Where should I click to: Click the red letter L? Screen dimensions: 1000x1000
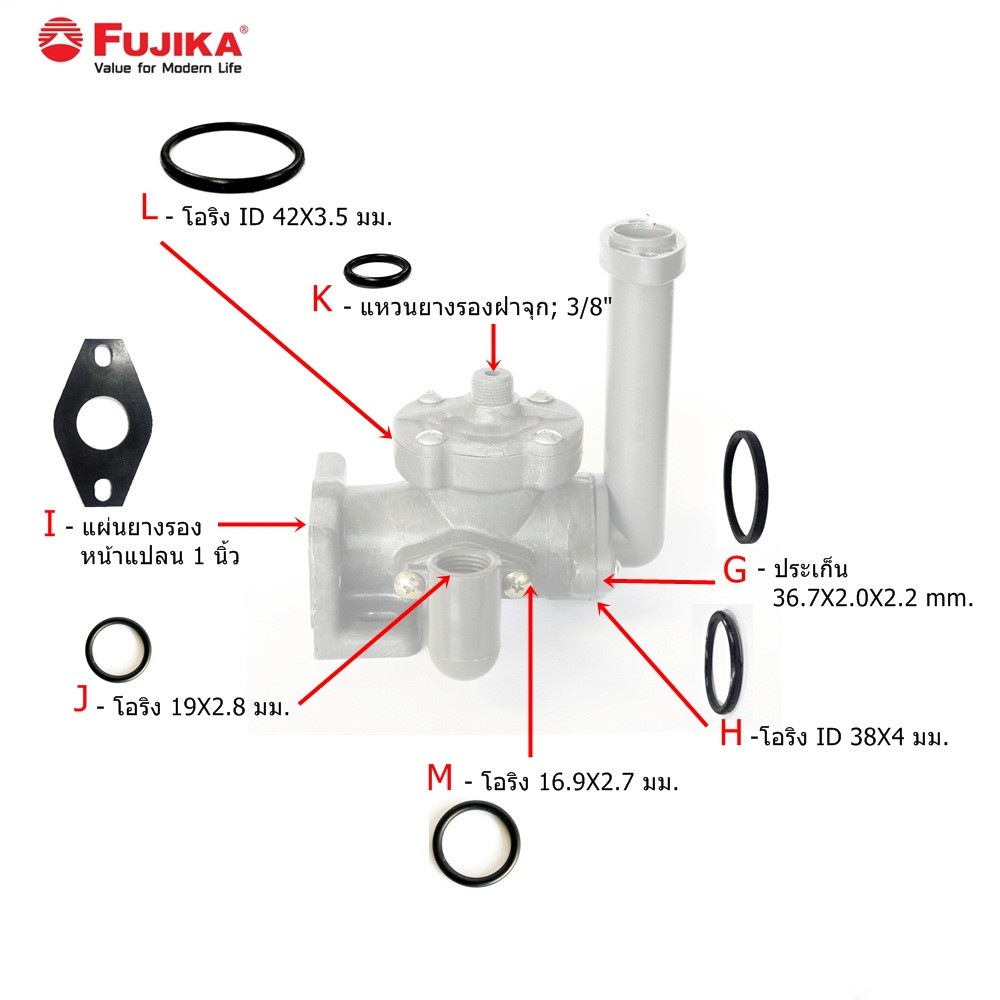point(149,208)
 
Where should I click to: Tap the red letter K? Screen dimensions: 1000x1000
point(322,298)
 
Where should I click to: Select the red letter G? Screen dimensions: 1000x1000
point(735,570)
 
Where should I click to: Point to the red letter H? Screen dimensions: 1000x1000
point(731,733)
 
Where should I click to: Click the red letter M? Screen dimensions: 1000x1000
point(439,777)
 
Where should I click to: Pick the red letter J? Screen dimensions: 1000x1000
point(81,698)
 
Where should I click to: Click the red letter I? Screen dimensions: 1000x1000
point(50,524)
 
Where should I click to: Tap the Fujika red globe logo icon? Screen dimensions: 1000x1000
point(61,40)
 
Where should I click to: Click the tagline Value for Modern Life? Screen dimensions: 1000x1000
point(168,68)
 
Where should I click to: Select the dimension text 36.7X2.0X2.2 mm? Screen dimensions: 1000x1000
point(872,598)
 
